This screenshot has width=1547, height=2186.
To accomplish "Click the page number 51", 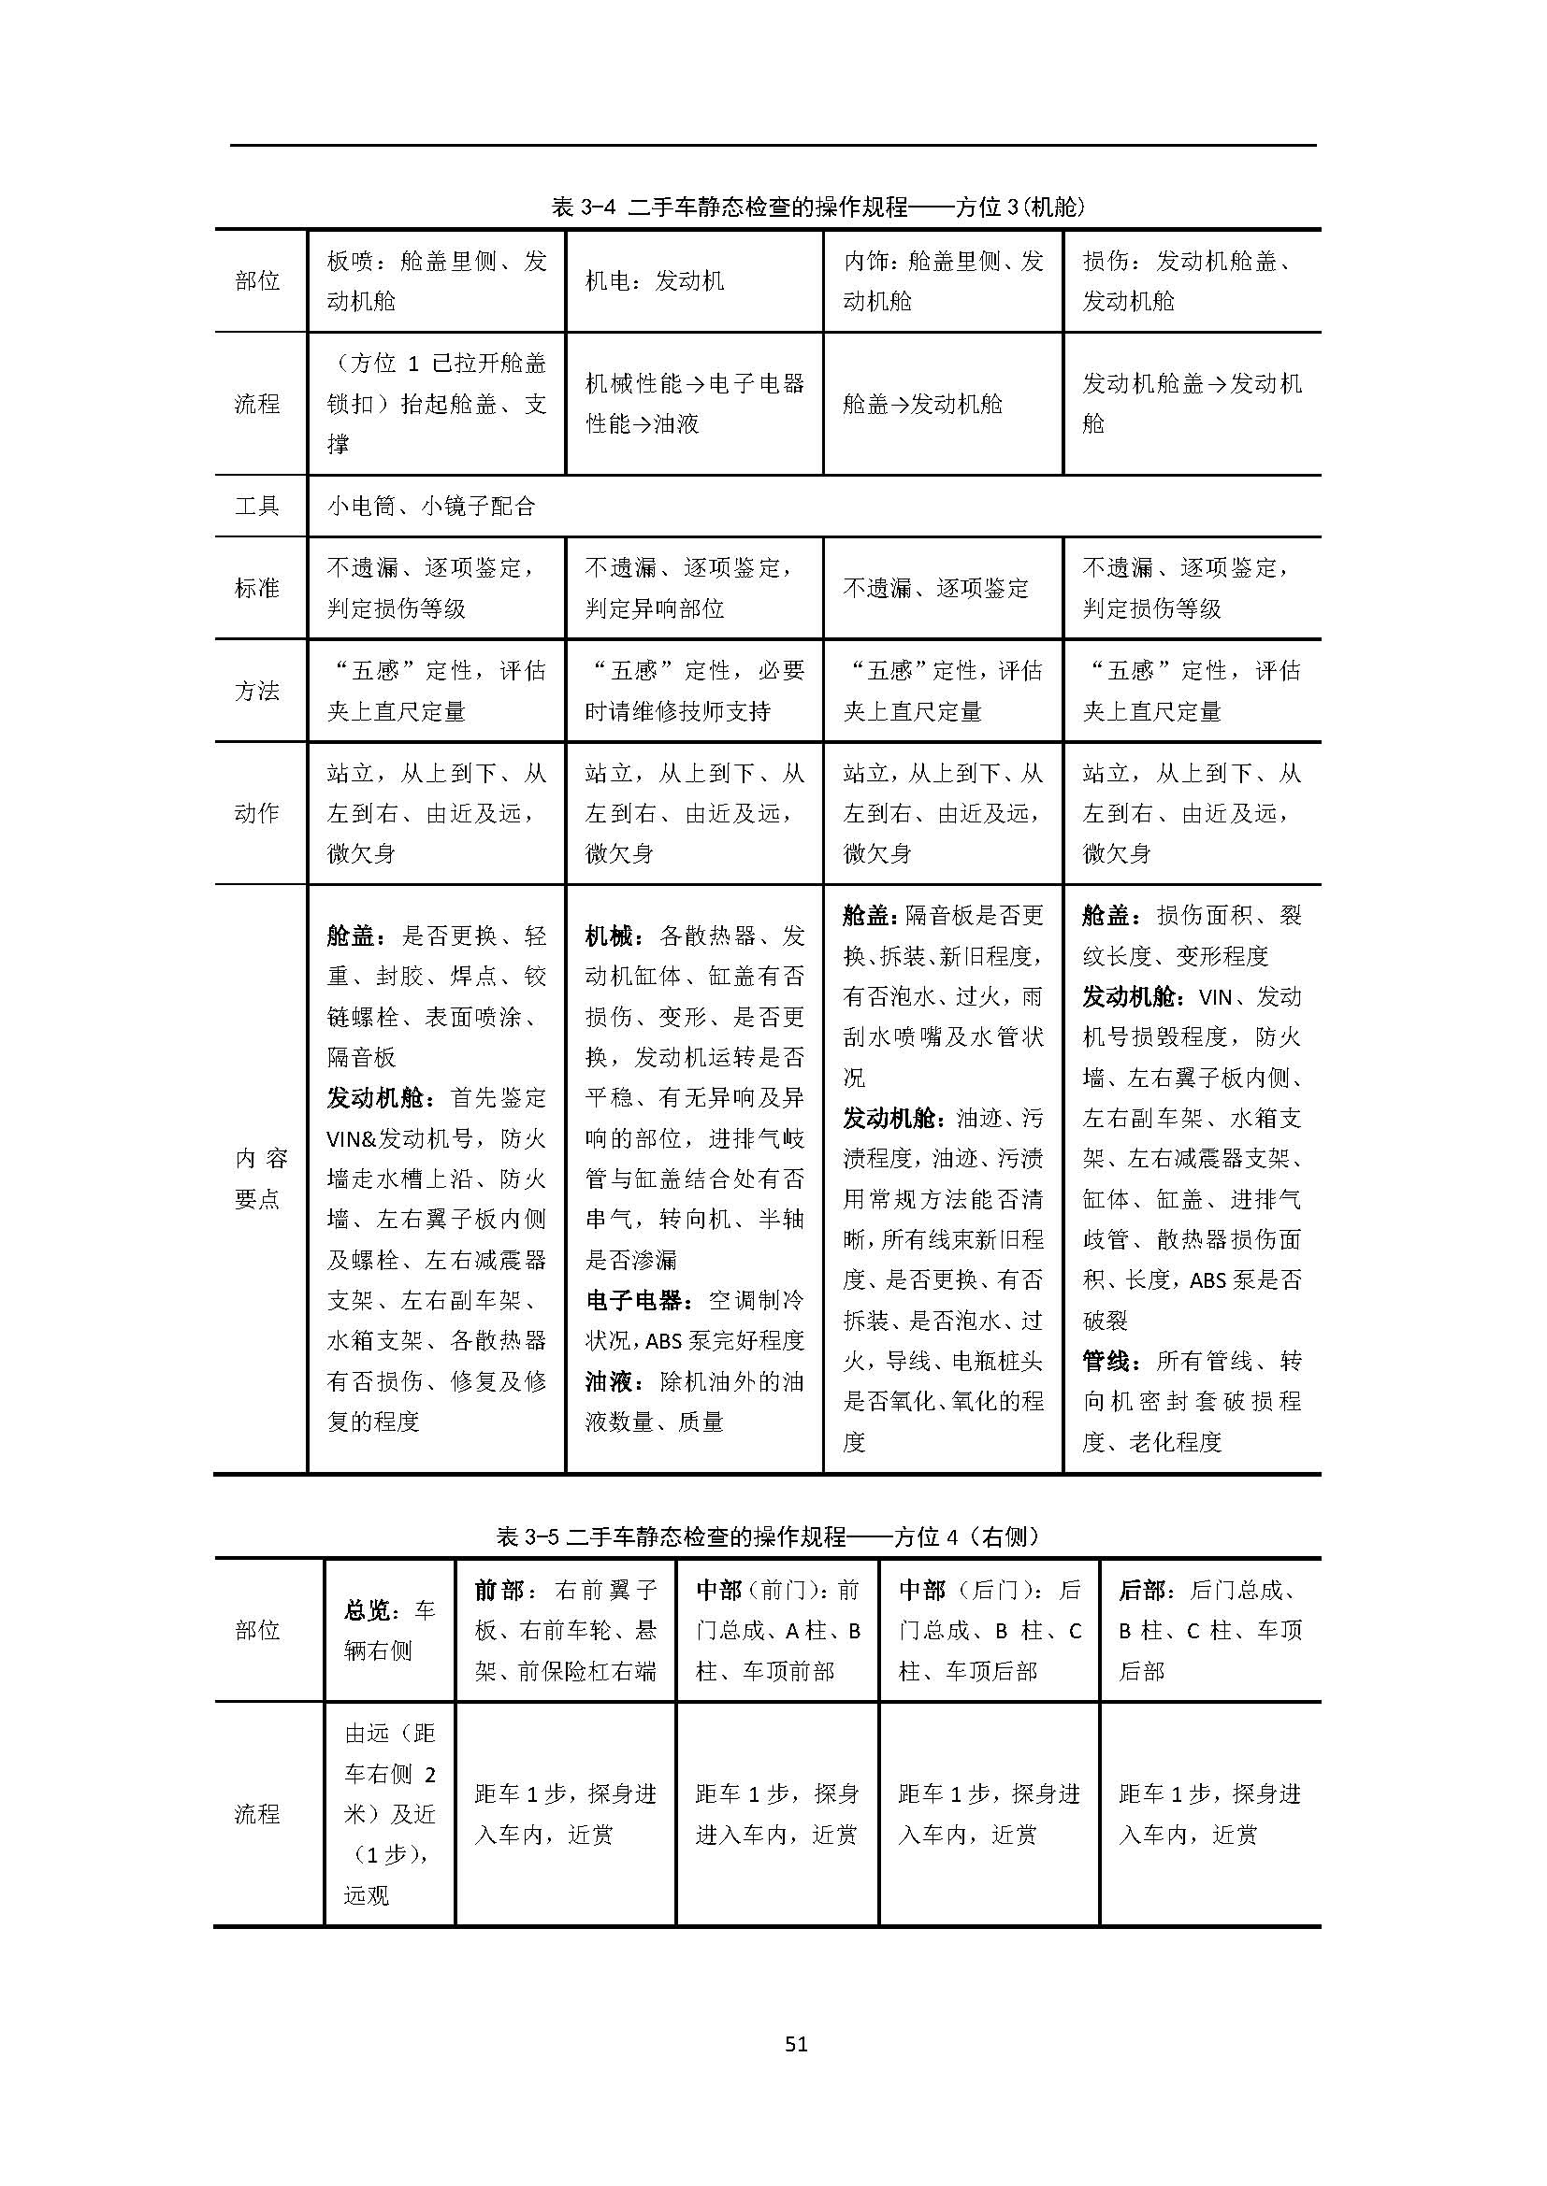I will (x=796, y=2043).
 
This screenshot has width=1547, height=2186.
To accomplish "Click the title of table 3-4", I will (x=818, y=207).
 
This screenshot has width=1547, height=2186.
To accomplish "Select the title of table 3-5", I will (x=768, y=1536).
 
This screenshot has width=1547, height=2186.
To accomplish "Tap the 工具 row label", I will (x=257, y=506).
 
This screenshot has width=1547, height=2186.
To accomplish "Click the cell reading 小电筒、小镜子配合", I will (x=430, y=507).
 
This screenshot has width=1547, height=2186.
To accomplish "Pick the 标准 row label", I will (x=257, y=589).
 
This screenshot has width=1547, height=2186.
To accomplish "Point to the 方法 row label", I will (x=257, y=691).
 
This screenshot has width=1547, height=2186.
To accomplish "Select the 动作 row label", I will (x=257, y=813).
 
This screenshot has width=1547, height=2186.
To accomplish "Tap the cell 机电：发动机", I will (x=655, y=281).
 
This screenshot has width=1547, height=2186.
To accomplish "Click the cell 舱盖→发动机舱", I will (x=922, y=404).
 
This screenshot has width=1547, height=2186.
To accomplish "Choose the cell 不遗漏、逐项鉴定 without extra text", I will (x=935, y=589).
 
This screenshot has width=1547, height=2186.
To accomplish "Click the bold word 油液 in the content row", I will (x=610, y=1381).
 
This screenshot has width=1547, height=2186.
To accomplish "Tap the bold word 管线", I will (x=1106, y=1362).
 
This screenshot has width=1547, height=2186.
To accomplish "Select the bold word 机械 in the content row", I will (x=610, y=936).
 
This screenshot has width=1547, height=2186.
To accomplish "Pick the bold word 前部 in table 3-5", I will (x=499, y=1590).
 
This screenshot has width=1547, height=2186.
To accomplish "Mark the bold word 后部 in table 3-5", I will (x=1143, y=1590).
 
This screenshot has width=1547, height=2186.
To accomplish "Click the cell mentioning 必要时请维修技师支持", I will (x=693, y=691).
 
